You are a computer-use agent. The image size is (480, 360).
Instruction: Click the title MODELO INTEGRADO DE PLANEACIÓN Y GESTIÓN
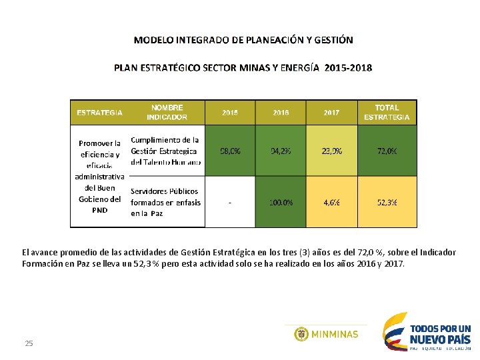243,40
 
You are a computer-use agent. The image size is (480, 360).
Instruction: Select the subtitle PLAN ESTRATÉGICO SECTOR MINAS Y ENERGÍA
243,68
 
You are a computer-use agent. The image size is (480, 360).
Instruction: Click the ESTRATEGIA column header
99,113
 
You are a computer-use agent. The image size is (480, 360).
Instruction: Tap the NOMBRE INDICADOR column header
167,112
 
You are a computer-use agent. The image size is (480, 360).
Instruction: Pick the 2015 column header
230,113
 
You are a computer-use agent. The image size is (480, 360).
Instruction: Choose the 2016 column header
281,113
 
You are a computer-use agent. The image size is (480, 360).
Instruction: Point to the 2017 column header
331,113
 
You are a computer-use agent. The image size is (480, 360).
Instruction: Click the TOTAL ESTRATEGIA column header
387,112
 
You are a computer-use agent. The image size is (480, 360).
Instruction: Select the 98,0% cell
230,151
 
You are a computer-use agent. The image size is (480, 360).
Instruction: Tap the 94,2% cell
281,151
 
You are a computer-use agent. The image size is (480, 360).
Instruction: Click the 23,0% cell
331,151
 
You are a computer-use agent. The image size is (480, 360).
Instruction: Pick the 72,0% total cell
387,151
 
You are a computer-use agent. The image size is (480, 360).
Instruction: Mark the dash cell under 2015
230,202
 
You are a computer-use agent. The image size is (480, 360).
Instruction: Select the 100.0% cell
281,202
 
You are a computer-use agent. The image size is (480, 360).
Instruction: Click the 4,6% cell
331,202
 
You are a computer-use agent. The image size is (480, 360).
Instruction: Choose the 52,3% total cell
387,202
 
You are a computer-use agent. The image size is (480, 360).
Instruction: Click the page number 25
29,343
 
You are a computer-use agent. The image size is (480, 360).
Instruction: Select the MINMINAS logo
326,334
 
